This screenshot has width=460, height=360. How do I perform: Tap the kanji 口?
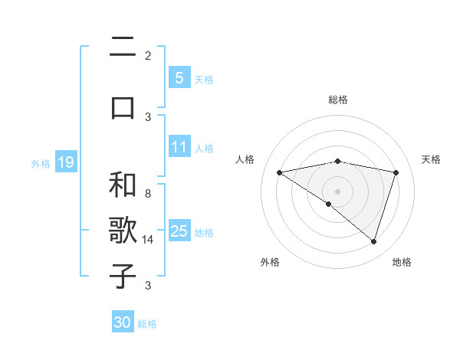[123, 106]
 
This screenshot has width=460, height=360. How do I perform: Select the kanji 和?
[123, 185]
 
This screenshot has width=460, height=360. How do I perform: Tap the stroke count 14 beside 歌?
[149, 240]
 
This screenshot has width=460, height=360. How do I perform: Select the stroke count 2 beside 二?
[148, 55]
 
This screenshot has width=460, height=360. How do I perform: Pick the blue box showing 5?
[179, 77]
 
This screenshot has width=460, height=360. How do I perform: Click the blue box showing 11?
[179, 147]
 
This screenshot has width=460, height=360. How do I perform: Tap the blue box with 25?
[179, 231]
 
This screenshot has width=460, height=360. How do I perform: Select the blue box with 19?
[65, 162]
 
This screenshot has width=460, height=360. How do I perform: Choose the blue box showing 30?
[123, 322]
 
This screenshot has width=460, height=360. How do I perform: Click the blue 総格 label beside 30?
[147, 324]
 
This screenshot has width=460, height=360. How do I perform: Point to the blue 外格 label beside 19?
[41, 163]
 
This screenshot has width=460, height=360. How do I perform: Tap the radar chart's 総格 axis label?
[338, 100]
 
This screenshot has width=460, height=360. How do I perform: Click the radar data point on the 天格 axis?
[396, 172]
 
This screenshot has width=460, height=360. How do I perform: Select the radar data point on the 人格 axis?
[279, 172]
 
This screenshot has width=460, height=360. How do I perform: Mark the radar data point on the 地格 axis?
[374, 242]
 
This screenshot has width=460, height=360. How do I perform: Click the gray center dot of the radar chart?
[338, 191]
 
